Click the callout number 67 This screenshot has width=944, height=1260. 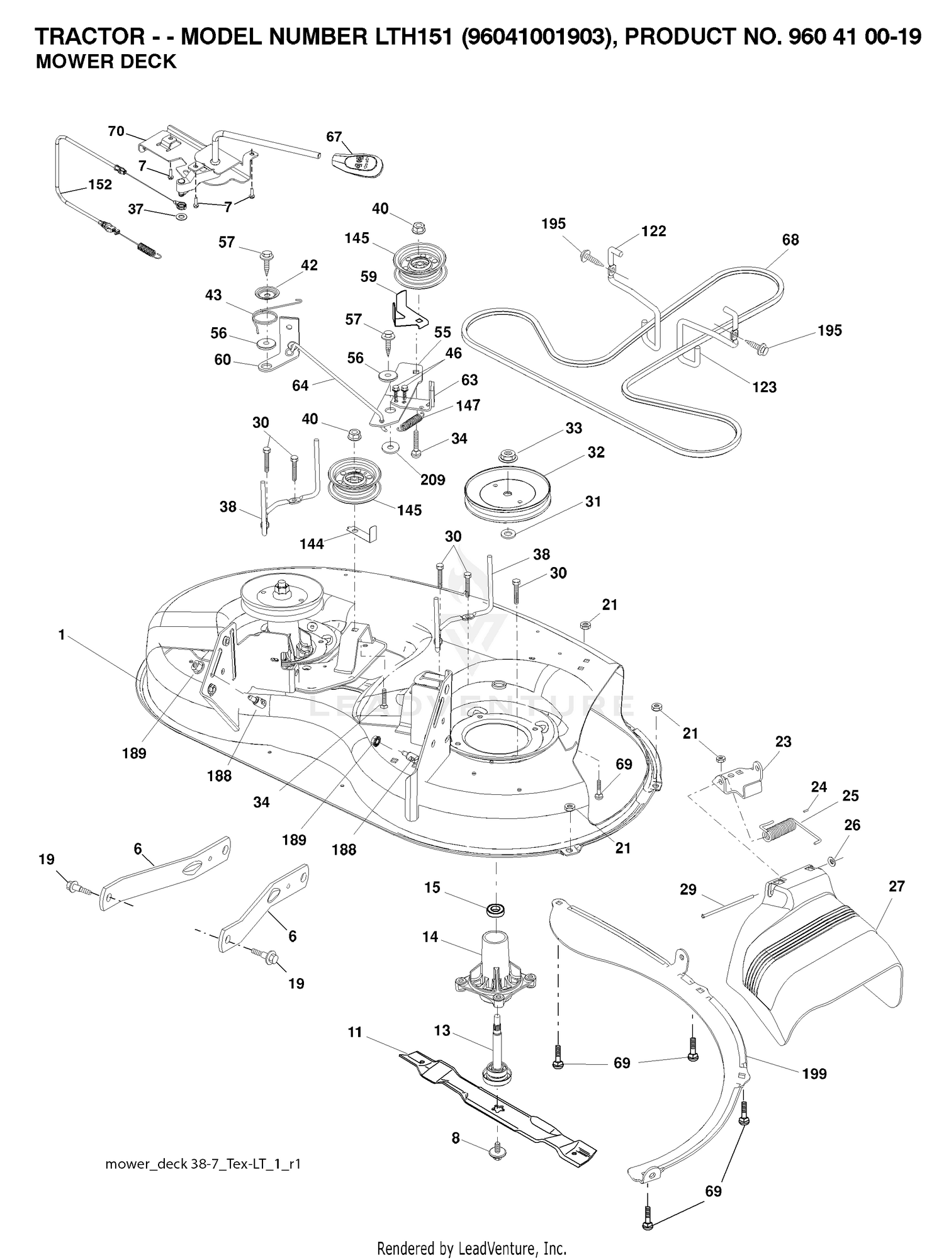tap(334, 137)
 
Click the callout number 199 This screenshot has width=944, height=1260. tap(814, 1074)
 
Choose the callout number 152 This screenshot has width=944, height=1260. tap(100, 184)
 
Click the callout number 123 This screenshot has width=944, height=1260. tap(765, 387)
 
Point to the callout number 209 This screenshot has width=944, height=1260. tap(432, 480)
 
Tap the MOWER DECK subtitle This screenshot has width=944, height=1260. tap(106, 62)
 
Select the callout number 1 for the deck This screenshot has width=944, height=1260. tap(62, 635)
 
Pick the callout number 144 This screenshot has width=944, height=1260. tap(312, 543)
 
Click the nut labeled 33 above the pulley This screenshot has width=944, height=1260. tap(507, 454)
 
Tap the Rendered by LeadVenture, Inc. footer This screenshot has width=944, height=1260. tap(472, 1247)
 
